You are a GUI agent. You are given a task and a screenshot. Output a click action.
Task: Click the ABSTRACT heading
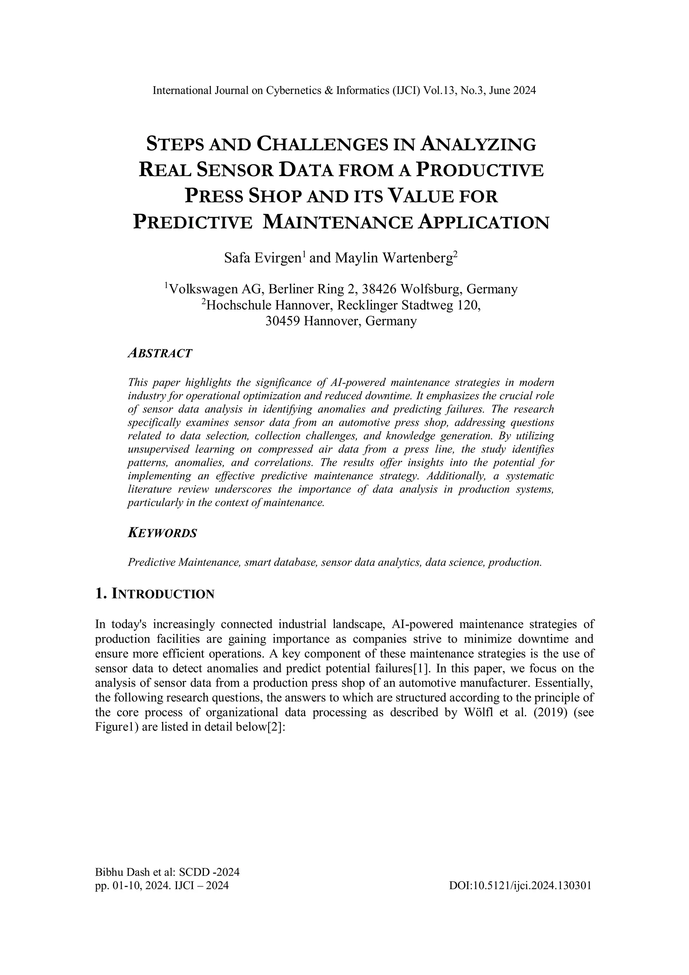[x=160, y=353]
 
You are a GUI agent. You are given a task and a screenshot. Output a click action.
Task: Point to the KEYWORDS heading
[x=162, y=533]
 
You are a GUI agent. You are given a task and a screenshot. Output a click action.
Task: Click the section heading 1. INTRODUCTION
[x=155, y=594]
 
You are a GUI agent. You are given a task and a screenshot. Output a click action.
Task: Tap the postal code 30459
[x=283, y=321]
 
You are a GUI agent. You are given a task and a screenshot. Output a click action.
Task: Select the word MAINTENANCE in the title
[x=337, y=222]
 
